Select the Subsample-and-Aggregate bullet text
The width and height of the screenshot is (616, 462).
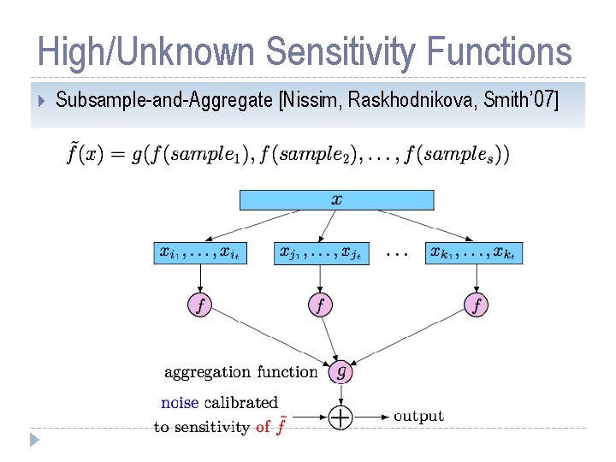pos(165,101)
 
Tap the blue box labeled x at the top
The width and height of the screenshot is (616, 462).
pos(336,200)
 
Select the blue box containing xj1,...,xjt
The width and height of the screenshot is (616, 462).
pos(322,253)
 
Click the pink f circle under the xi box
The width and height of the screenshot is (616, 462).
pos(199,305)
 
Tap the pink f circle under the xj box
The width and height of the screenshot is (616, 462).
pos(321,305)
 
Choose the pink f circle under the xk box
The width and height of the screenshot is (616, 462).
pos(477,305)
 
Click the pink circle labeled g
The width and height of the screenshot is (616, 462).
pos(341,371)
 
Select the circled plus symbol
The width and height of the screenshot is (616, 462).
pos(341,418)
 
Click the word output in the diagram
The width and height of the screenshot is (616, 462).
pos(418,417)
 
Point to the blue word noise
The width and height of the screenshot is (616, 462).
pos(180,402)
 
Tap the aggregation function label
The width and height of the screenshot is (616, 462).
pos(240,372)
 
